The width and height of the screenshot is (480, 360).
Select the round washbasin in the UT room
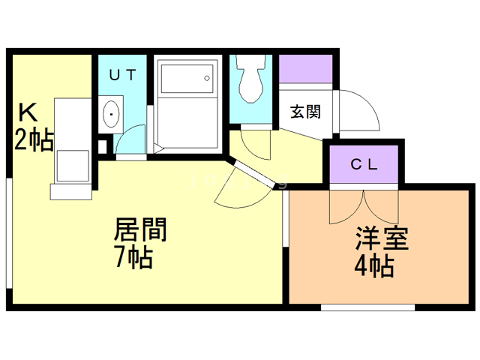point(111,115)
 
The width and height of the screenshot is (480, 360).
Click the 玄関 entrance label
point(306,112)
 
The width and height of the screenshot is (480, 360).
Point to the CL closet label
point(364,164)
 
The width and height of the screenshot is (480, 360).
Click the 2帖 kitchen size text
point(34,139)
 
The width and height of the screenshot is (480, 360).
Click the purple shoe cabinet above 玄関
point(306,69)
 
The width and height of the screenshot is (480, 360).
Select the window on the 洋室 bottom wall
point(367,306)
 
